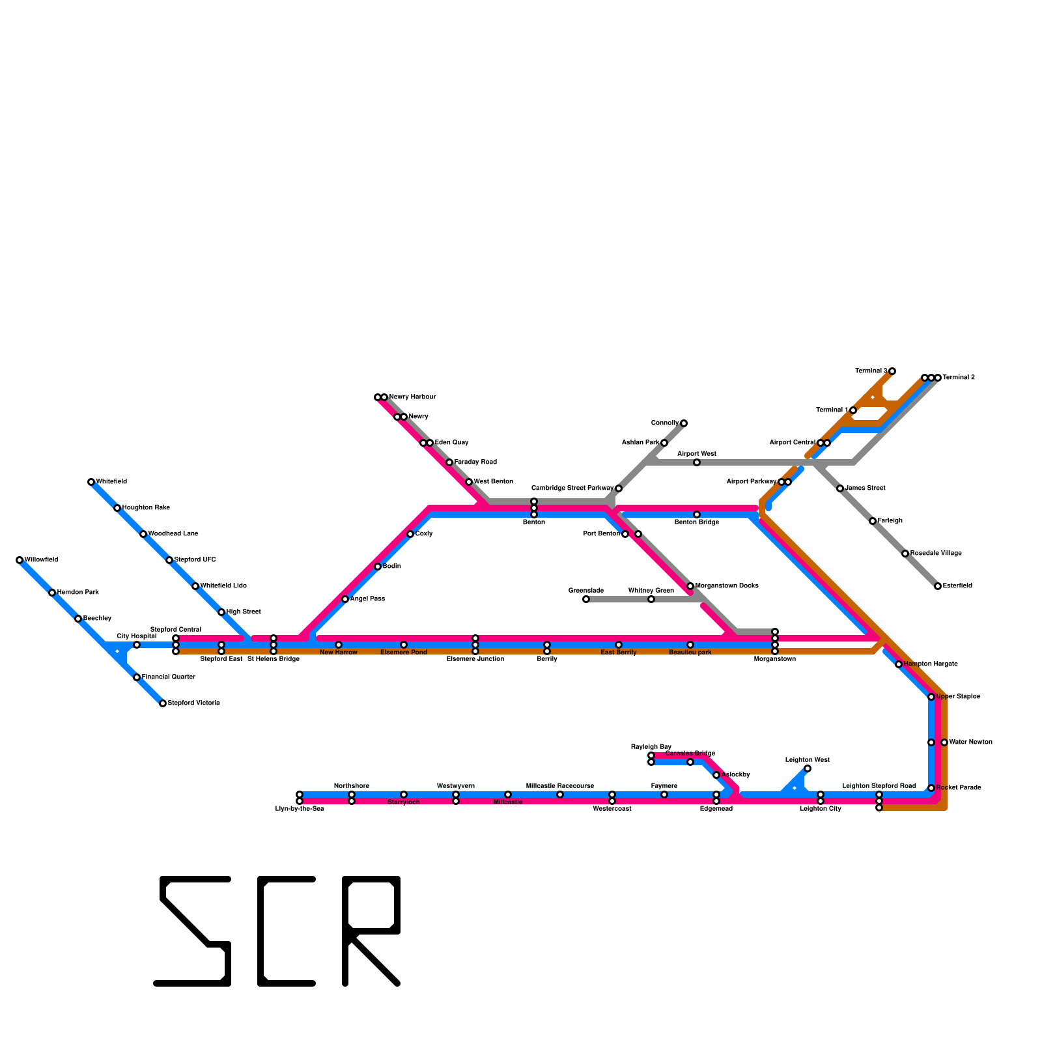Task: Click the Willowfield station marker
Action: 20,560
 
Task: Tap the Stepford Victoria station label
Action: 193,703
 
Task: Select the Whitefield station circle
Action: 91,482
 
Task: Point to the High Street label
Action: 244,612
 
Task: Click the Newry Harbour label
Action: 412,397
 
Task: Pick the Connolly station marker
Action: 684,423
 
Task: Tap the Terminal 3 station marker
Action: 892,371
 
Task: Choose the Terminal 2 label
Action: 958,378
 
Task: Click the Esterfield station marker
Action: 938,586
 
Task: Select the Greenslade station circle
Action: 586,599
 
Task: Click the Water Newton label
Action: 970,742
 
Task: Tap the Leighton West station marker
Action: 808,768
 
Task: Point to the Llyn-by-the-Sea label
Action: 300,809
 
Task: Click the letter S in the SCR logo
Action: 193,931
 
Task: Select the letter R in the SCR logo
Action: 371,931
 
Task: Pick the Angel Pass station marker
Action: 345,599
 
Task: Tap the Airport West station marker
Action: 697,462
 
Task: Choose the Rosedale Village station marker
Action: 905,554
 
